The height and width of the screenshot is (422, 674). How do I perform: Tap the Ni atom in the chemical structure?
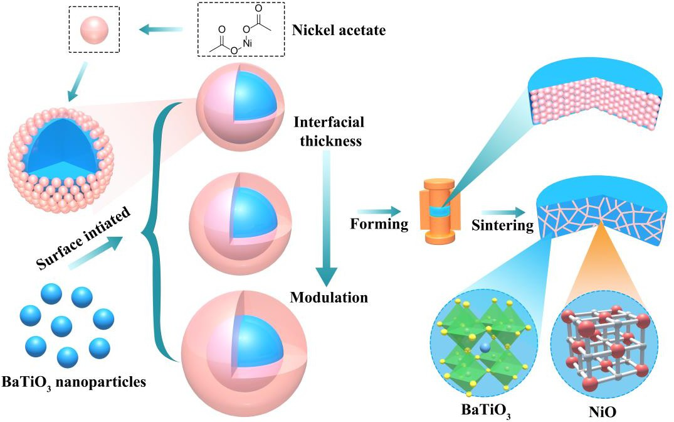265,43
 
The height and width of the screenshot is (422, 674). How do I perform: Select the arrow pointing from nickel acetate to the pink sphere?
159,28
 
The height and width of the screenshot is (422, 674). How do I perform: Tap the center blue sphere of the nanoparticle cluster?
61,326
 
